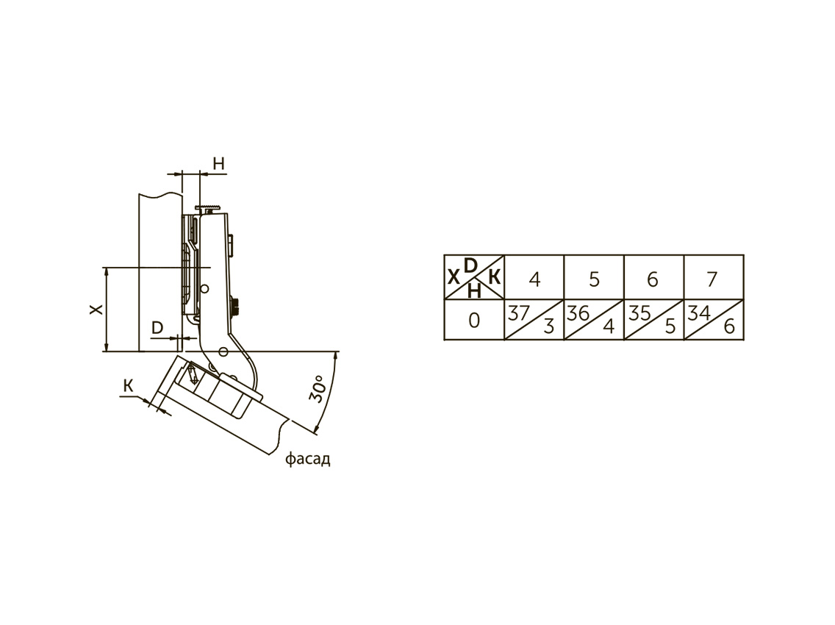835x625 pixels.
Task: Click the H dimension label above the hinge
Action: pyautogui.click(x=219, y=164)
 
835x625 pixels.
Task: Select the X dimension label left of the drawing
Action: pyautogui.click(x=96, y=309)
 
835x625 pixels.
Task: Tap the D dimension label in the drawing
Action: pyautogui.click(x=157, y=328)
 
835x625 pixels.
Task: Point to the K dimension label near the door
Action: pyautogui.click(x=129, y=385)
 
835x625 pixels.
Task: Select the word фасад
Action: pyautogui.click(x=308, y=459)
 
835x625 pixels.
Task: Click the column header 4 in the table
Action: pyautogui.click(x=534, y=279)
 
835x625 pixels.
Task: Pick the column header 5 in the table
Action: pyautogui.click(x=595, y=279)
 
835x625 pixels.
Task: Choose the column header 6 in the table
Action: pyautogui.click(x=653, y=279)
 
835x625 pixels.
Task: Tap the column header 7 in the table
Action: pyautogui.click(x=712, y=279)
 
